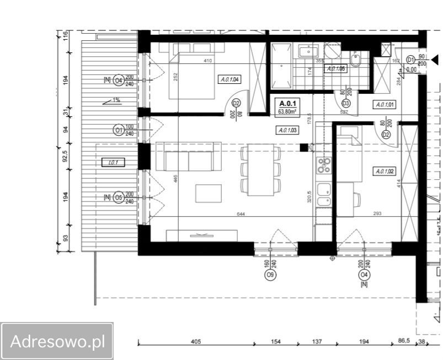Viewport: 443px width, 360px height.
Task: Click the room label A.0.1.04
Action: tap(229, 80)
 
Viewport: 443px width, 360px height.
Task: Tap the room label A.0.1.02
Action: tap(385, 171)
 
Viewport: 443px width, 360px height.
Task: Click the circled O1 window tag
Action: tap(118, 130)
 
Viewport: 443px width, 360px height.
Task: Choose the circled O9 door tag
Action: tap(270, 275)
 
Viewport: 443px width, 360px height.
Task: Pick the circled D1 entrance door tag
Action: tap(410, 60)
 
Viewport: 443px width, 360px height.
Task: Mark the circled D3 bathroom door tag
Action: tap(346, 103)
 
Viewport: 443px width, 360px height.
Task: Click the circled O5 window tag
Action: tap(118, 197)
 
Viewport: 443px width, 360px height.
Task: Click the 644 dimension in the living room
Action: tap(241, 213)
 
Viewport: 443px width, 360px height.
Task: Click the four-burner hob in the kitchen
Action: tap(324, 164)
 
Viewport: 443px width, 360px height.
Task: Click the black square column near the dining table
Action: tap(303, 147)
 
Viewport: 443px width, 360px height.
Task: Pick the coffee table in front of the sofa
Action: tap(208, 194)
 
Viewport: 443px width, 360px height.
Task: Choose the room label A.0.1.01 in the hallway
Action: tap(385, 104)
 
